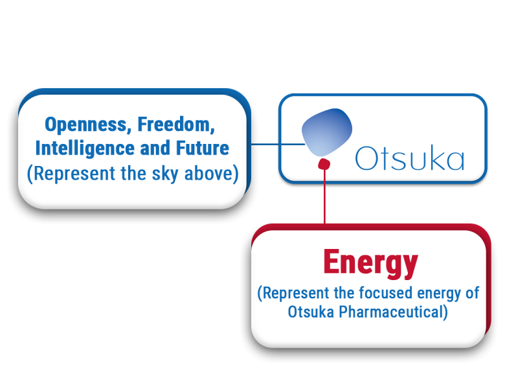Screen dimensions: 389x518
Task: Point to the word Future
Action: (x=203, y=148)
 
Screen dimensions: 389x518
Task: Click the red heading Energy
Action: (x=370, y=263)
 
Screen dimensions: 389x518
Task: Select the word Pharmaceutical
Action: (x=393, y=312)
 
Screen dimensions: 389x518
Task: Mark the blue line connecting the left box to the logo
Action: (x=275, y=144)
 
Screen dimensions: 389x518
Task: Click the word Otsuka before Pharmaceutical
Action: (x=311, y=312)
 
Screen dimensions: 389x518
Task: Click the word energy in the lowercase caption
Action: (x=440, y=293)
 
